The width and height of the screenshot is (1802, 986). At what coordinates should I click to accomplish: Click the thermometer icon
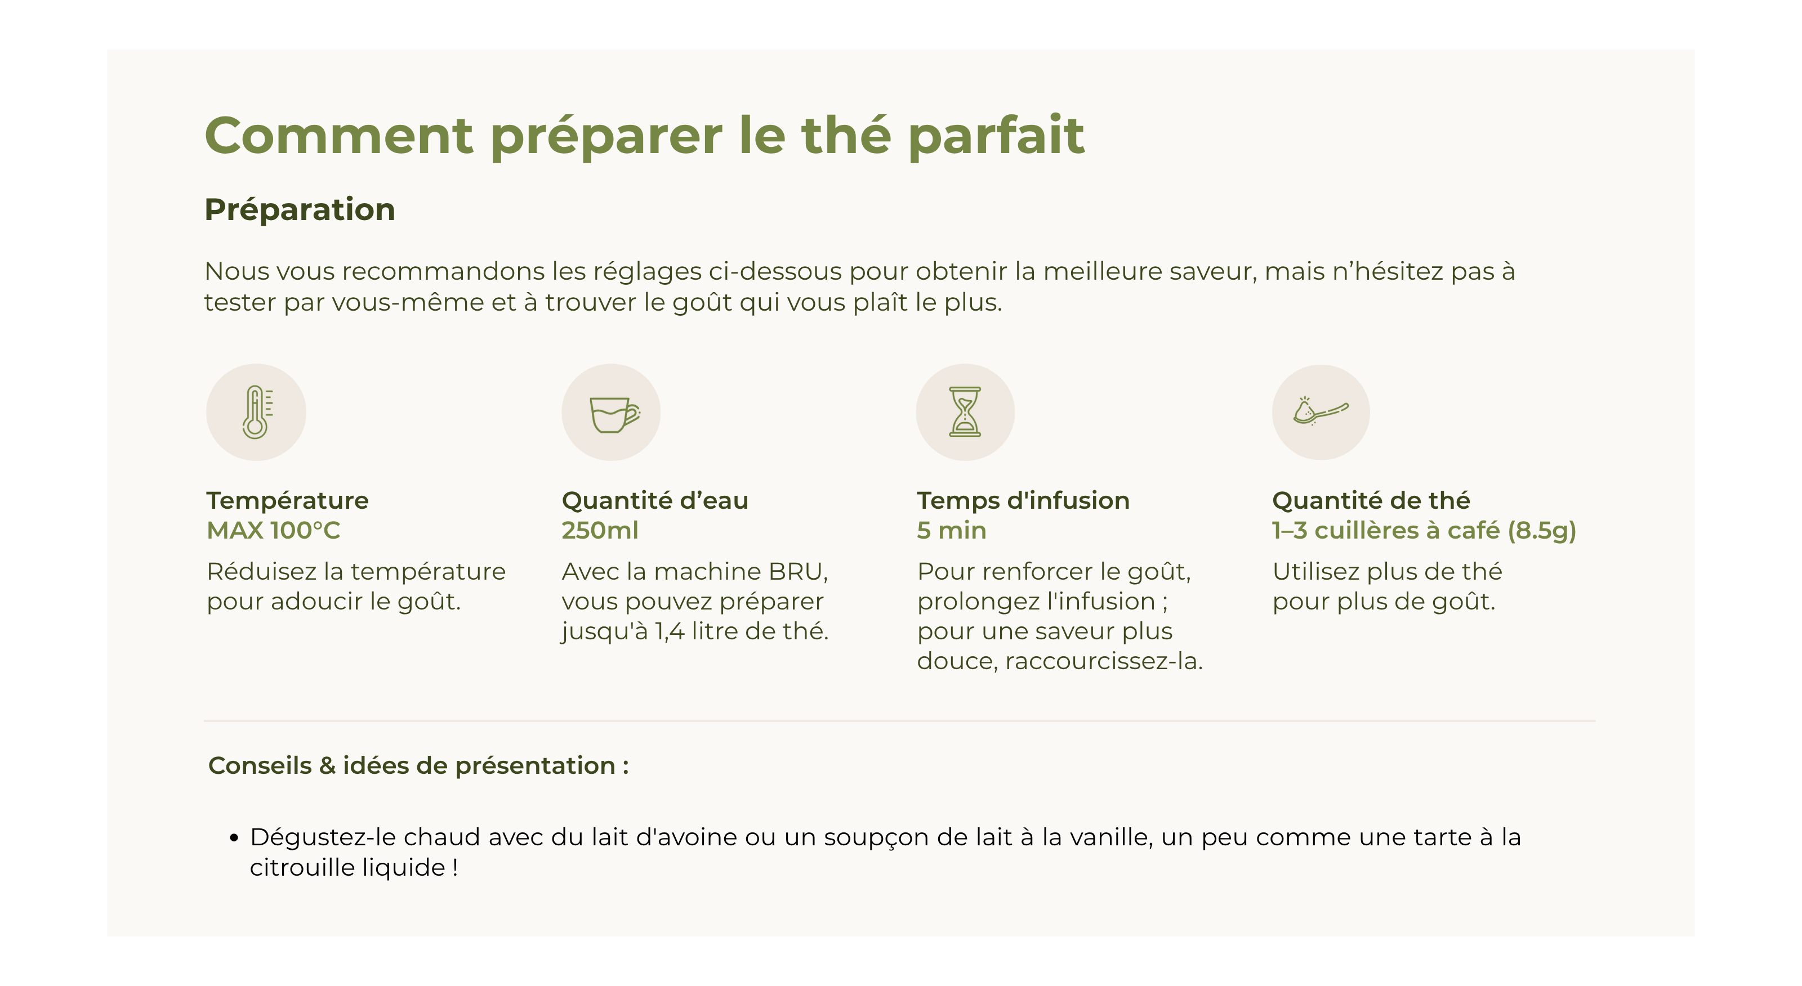(257, 412)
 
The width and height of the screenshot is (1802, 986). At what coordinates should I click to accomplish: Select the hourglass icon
(965, 412)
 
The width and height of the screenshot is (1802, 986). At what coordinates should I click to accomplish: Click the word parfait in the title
(996, 135)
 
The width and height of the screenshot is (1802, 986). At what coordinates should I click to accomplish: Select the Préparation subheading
(300, 210)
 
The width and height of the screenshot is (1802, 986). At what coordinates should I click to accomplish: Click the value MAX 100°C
(274, 530)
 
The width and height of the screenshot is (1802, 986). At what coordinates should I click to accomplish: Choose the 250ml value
(600, 530)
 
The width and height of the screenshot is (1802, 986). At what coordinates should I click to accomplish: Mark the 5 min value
(951, 530)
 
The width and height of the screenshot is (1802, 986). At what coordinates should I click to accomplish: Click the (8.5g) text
(1542, 531)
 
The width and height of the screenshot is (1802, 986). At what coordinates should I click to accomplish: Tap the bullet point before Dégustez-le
(234, 838)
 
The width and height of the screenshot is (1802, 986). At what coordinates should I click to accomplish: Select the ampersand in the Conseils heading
(327, 766)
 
